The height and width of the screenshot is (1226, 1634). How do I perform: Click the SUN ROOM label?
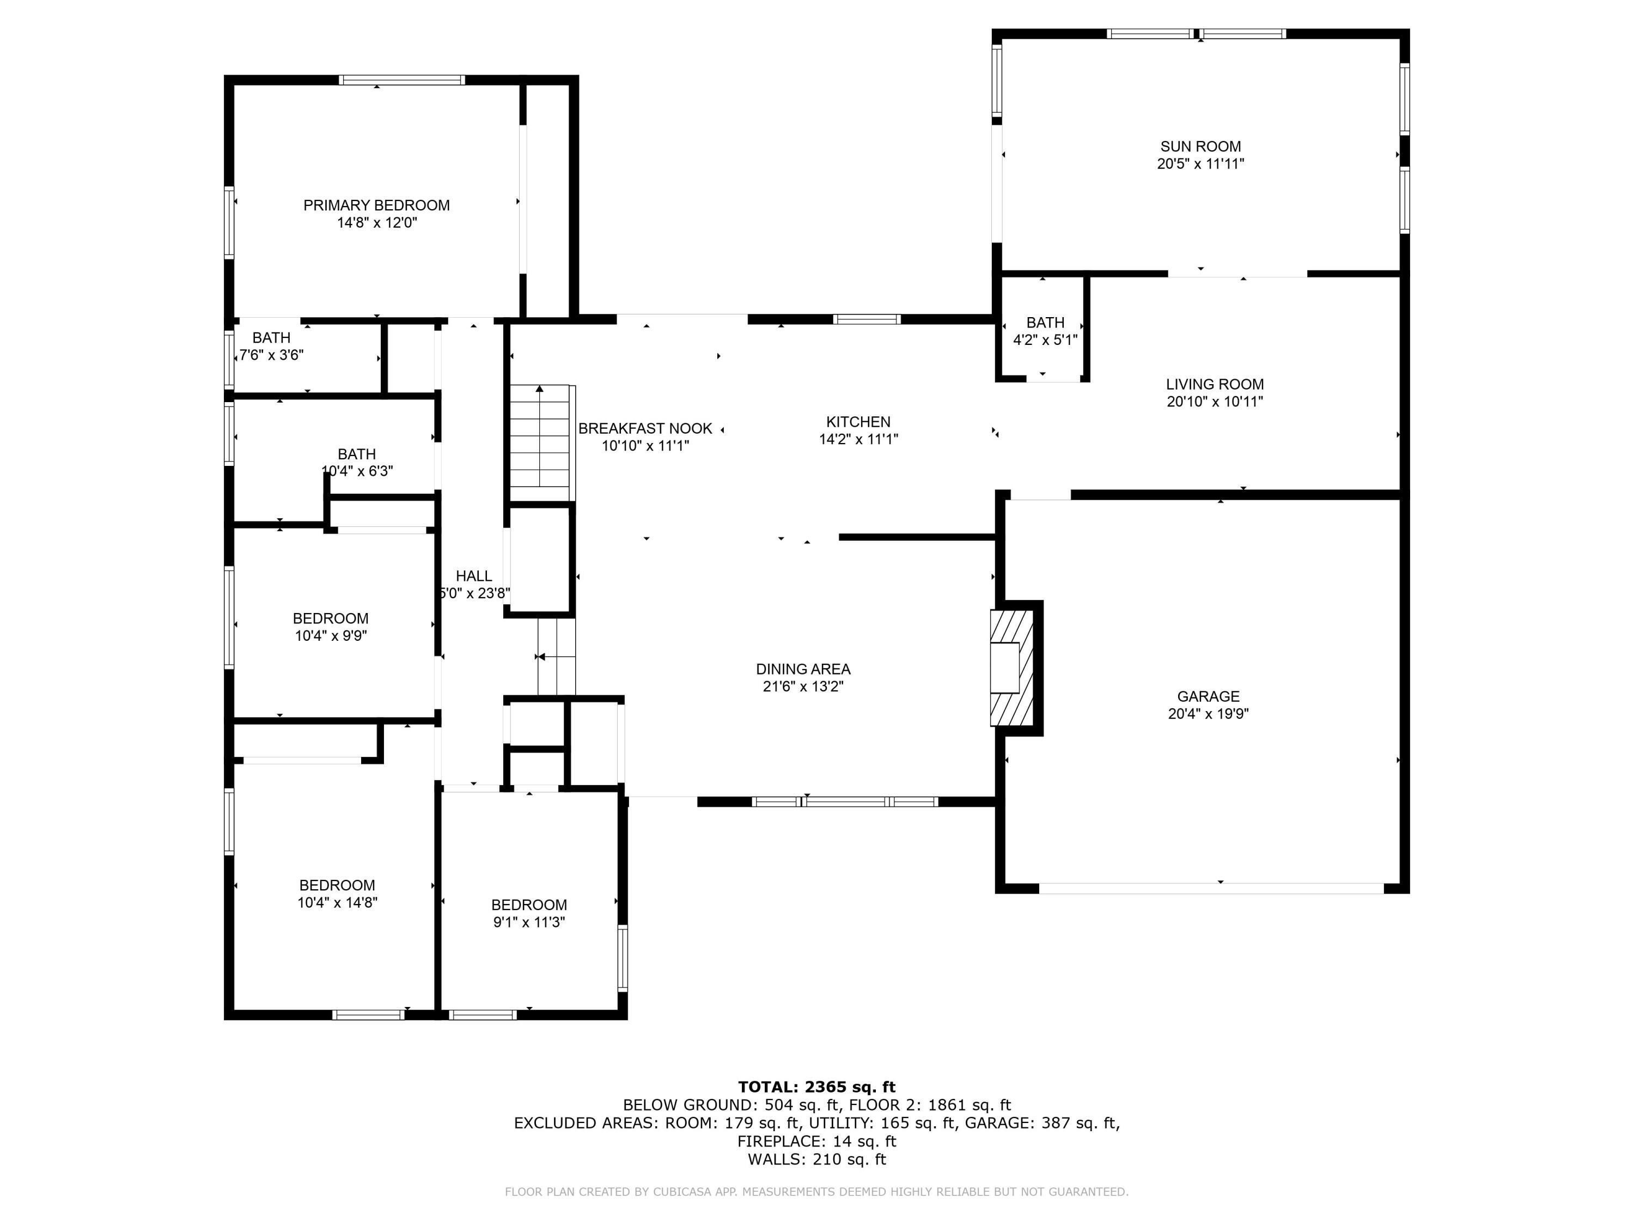1200,147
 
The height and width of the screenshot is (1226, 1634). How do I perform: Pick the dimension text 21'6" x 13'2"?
803,687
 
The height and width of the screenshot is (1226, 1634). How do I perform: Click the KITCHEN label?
858,422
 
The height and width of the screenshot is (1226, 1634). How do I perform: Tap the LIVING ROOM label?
1215,384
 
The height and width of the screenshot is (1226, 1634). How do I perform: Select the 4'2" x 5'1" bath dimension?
1045,340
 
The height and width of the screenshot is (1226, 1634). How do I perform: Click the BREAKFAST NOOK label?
645,429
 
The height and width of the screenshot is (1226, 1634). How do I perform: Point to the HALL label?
473,576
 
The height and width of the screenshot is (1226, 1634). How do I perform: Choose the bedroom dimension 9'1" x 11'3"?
529,922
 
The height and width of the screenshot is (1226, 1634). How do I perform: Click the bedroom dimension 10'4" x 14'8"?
338,902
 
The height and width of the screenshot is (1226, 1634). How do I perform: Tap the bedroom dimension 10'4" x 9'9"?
331,635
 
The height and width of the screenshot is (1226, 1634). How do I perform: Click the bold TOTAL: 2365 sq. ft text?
816,1087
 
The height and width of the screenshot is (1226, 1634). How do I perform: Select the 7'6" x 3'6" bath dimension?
271,355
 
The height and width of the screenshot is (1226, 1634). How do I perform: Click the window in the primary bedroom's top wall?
402,80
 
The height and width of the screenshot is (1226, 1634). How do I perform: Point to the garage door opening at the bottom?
1211,888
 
